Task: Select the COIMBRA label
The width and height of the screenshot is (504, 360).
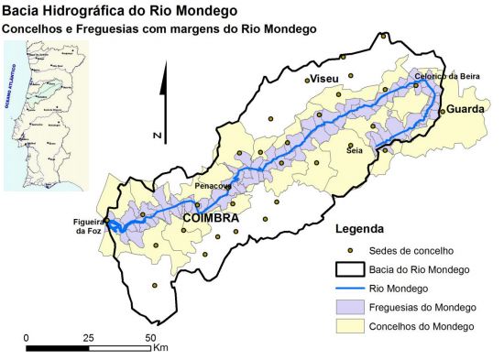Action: click(x=211, y=220)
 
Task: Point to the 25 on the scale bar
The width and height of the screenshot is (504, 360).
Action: click(x=89, y=338)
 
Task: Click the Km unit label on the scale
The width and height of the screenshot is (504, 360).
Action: click(x=161, y=348)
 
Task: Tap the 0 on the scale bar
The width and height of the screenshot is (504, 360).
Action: click(x=27, y=338)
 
